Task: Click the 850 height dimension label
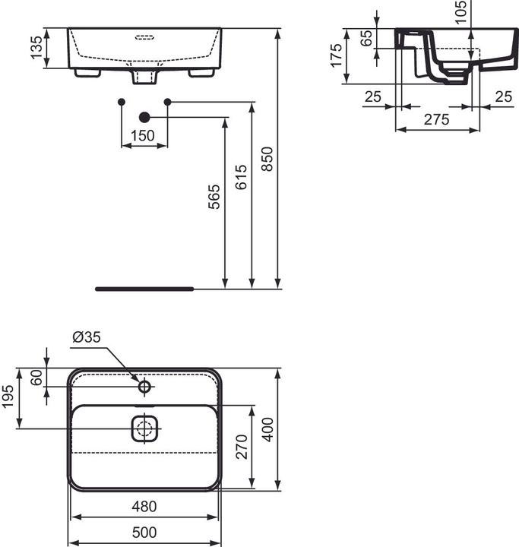(267, 158)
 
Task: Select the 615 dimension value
(241, 177)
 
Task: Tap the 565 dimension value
(214, 197)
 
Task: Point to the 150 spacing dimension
(143, 135)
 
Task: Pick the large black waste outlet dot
(144, 117)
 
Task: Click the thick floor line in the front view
(144, 289)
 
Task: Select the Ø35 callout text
(86, 337)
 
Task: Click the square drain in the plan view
(144, 429)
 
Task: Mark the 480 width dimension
(144, 506)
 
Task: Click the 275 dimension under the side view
(436, 119)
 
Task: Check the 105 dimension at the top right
(460, 13)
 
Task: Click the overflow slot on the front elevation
(144, 36)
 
